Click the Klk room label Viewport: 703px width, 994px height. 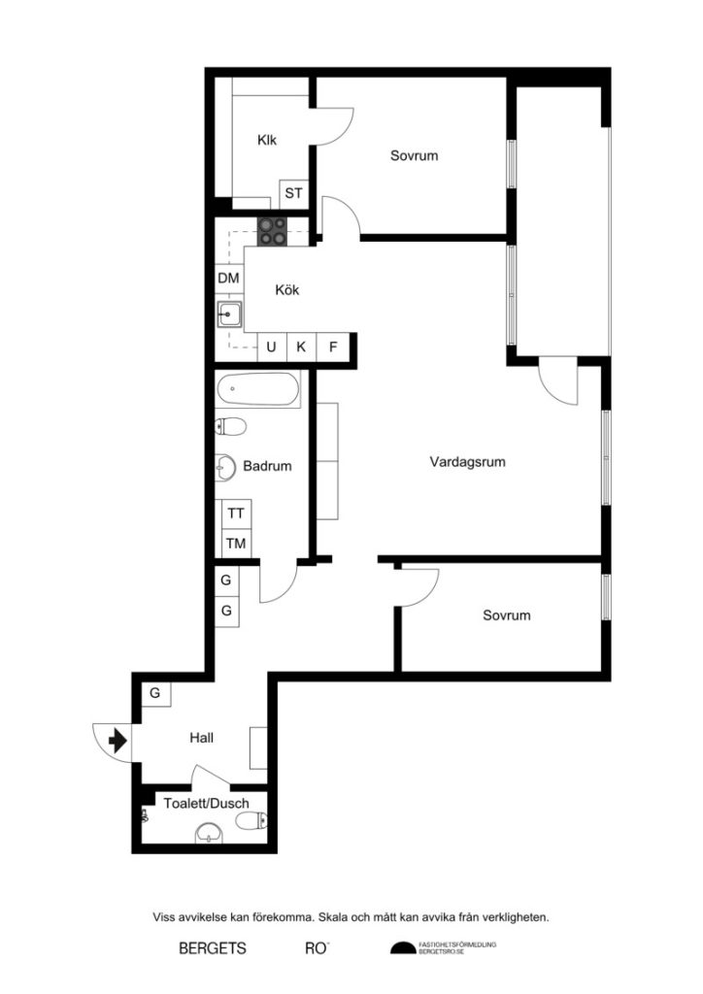pos(267,141)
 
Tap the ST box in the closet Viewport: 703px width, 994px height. pos(293,193)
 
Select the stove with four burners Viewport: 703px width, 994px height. pos(273,230)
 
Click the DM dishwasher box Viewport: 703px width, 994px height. pos(228,279)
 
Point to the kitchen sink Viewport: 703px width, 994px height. pos(229,314)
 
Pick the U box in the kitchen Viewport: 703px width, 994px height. pos(272,347)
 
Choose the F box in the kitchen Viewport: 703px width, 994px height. pos(332,347)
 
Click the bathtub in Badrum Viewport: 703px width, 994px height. pos(258,390)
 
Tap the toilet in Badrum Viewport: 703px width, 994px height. pos(231,426)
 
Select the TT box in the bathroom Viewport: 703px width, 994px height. pos(236,514)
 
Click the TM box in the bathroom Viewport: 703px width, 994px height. pos(236,544)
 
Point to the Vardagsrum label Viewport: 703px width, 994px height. pos(468,463)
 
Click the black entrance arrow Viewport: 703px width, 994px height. pos(118,743)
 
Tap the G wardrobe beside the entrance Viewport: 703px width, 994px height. pos(154,693)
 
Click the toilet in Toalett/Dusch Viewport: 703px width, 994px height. pos(251,822)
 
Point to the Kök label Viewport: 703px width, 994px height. pos(287,289)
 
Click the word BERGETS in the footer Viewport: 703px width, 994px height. pos(213,948)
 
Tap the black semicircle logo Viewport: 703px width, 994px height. pos(402,948)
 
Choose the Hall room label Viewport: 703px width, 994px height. pos(201,739)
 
